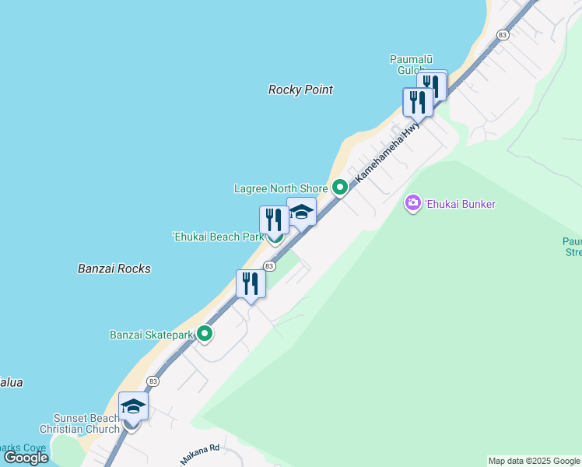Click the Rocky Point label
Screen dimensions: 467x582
pyautogui.click(x=300, y=90)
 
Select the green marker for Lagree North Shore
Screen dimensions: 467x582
pyautogui.click(x=339, y=187)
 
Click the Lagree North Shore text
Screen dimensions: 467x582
pyautogui.click(x=281, y=188)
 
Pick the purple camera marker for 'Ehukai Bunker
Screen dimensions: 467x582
pyautogui.click(x=412, y=204)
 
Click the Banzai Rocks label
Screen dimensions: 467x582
pyautogui.click(x=114, y=269)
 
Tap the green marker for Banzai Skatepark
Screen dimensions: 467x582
pyautogui.click(x=205, y=334)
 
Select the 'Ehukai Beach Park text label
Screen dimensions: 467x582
pyautogui.click(x=218, y=237)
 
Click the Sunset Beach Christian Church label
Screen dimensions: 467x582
pyautogui.click(x=86, y=423)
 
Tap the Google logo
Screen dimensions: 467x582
pyautogui.click(x=26, y=458)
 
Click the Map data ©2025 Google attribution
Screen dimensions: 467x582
pyautogui.click(x=534, y=461)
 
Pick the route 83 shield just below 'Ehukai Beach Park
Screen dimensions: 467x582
pyautogui.click(x=268, y=266)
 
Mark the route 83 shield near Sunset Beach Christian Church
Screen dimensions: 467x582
pyautogui.click(x=153, y=381)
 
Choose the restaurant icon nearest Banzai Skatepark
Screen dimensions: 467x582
pyautogui.click(x=251, y=283)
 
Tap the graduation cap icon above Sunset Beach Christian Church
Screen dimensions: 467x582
pyautogui.click(x=133, y=406)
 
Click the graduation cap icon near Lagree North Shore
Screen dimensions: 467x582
pyautogui.click(x=301, y=212)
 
